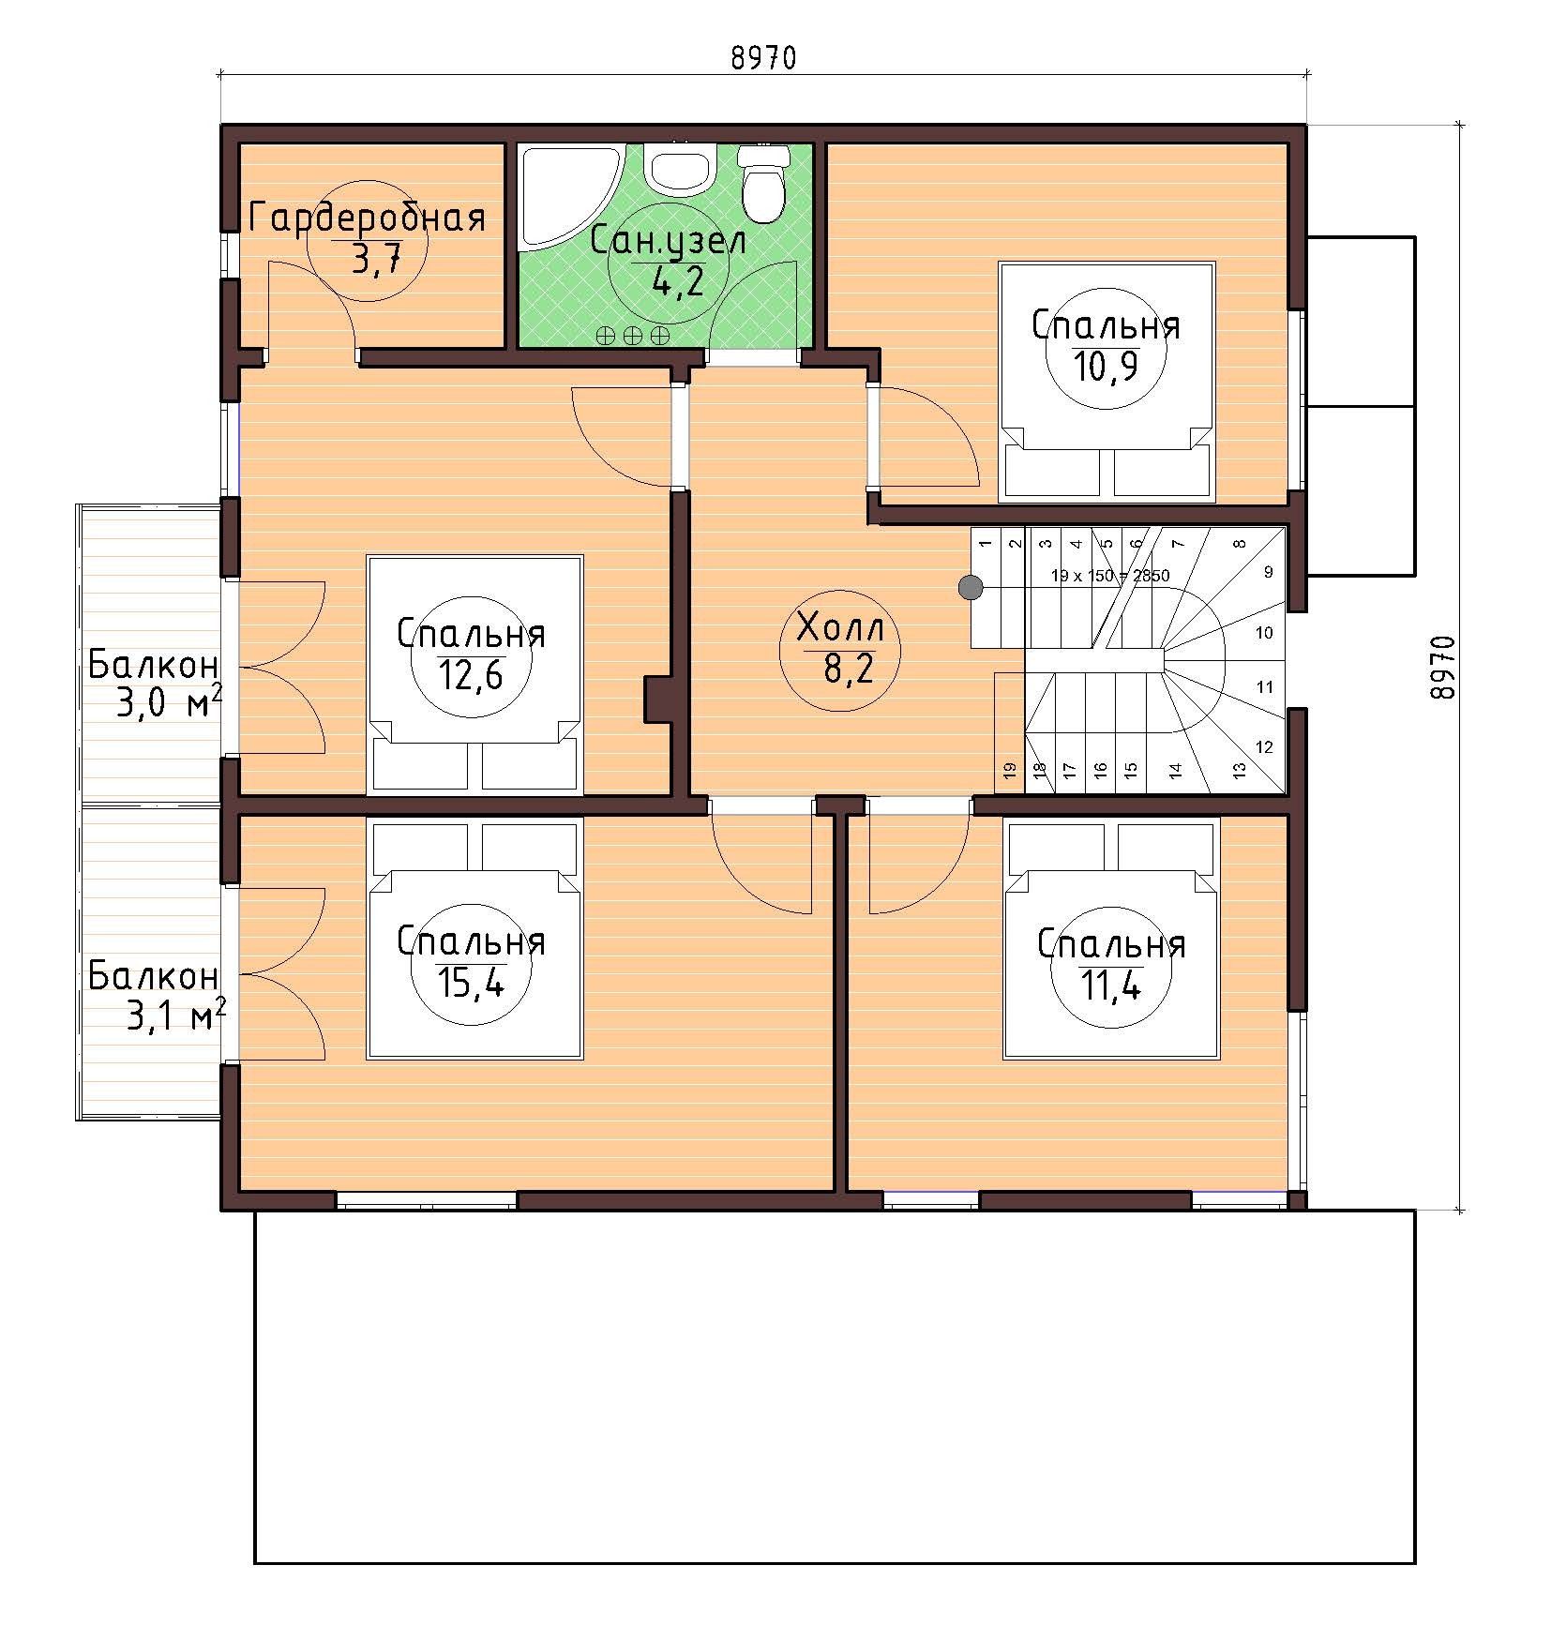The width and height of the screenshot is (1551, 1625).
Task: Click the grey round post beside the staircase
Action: (970, 588)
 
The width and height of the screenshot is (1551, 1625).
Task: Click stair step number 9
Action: (1268, 572)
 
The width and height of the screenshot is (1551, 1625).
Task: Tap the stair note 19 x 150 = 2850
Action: (1109, 576)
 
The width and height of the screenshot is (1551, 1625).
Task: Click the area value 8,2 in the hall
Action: (839, 670)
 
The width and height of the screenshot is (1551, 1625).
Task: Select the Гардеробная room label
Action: (368, 218)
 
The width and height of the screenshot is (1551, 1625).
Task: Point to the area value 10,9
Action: (1106, 367)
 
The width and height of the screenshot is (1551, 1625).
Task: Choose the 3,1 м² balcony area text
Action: (174, 1016)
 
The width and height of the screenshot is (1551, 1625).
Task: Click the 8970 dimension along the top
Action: (762, 58)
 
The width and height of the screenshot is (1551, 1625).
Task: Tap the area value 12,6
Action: (471, 674)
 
